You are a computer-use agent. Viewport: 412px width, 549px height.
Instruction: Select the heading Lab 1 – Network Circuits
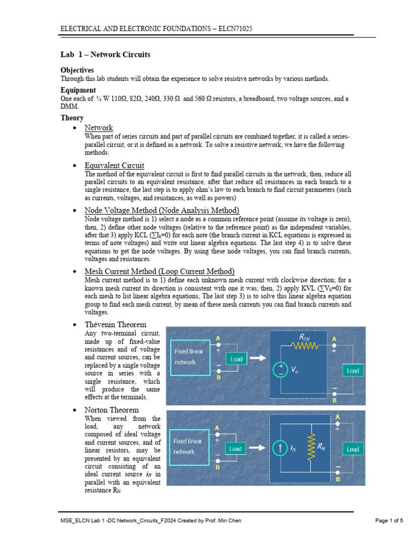pos(105,55)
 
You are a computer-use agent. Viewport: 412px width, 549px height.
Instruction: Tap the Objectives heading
pos(77,70)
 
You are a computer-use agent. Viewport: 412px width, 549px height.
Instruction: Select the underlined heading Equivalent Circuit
pos(114,165)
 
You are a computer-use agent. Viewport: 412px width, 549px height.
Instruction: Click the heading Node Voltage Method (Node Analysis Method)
pos(161,210)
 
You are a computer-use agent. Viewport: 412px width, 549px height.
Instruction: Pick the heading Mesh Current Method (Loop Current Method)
pos(159,271)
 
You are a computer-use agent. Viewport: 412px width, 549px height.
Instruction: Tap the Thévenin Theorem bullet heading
pos(115,324)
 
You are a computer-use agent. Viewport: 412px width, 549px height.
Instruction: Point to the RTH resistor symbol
pos(306,346)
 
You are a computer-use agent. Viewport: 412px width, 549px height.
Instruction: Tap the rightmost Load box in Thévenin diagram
pos(352,370)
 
